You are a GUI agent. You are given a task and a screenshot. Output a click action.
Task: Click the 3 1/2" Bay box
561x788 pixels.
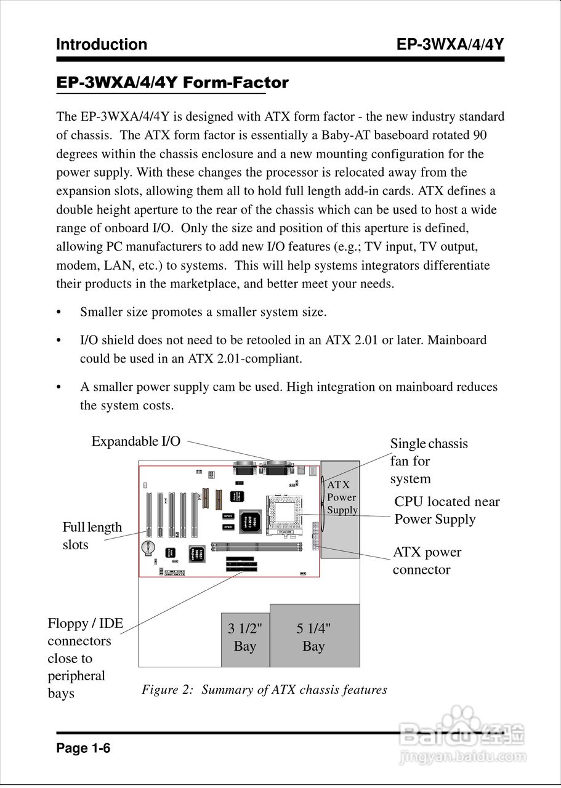[245, 638]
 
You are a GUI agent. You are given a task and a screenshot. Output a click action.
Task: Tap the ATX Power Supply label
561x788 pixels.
[342, 497]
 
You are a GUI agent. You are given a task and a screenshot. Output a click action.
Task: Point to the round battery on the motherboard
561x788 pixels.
[148, 547]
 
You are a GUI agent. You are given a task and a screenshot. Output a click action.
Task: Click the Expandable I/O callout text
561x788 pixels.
[136, 441]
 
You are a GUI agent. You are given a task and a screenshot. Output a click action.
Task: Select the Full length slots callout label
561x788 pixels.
[92, 536]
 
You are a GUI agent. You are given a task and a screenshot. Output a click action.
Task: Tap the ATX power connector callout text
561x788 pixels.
[427, 561]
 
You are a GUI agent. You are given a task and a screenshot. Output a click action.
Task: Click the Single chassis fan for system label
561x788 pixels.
[429, 461]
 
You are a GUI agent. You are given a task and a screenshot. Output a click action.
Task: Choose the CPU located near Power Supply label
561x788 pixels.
[446, 510]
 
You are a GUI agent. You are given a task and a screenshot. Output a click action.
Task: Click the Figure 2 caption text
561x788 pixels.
[264, 689]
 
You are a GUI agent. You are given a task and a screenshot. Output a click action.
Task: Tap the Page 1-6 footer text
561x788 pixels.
[83, 749]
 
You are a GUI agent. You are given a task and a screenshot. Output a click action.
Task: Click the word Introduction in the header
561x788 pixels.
[102, 44]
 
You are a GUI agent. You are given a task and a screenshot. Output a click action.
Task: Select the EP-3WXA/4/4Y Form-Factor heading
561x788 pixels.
[172, 82]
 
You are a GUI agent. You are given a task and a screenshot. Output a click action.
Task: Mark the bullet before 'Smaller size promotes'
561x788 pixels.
[60, 312]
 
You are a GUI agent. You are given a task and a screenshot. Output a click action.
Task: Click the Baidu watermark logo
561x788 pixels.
[462, 736]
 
